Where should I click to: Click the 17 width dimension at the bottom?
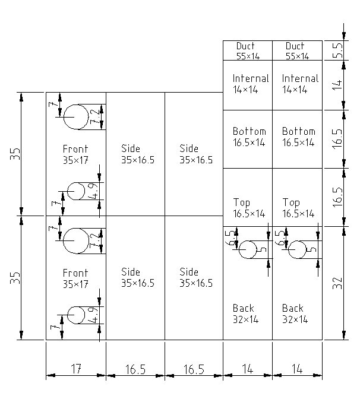pyautogui.click(x=76, y=369)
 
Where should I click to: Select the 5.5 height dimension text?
pyautogui.click(x=337, y=50)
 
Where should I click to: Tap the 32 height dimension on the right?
pyautogui.click(x=337, y=283)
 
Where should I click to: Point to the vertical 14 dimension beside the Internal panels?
pyautogui.click(x=337, y=85)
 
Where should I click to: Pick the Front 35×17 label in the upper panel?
pyautogui.click(x=75, y=154)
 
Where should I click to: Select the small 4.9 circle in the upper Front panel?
pyautogui.click(x=75, y=191)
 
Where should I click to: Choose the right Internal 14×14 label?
pyautogui.click(x=300, y=84)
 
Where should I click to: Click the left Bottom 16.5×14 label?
pyautogui.click(x=250, y=137)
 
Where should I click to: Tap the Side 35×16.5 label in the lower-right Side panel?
pyautogui.click(x=196, y=278)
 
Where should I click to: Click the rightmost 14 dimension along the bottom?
pyautogui.click(x=297, y=369)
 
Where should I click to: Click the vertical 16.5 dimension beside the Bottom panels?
pyautogui.click(x=337, y=139)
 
